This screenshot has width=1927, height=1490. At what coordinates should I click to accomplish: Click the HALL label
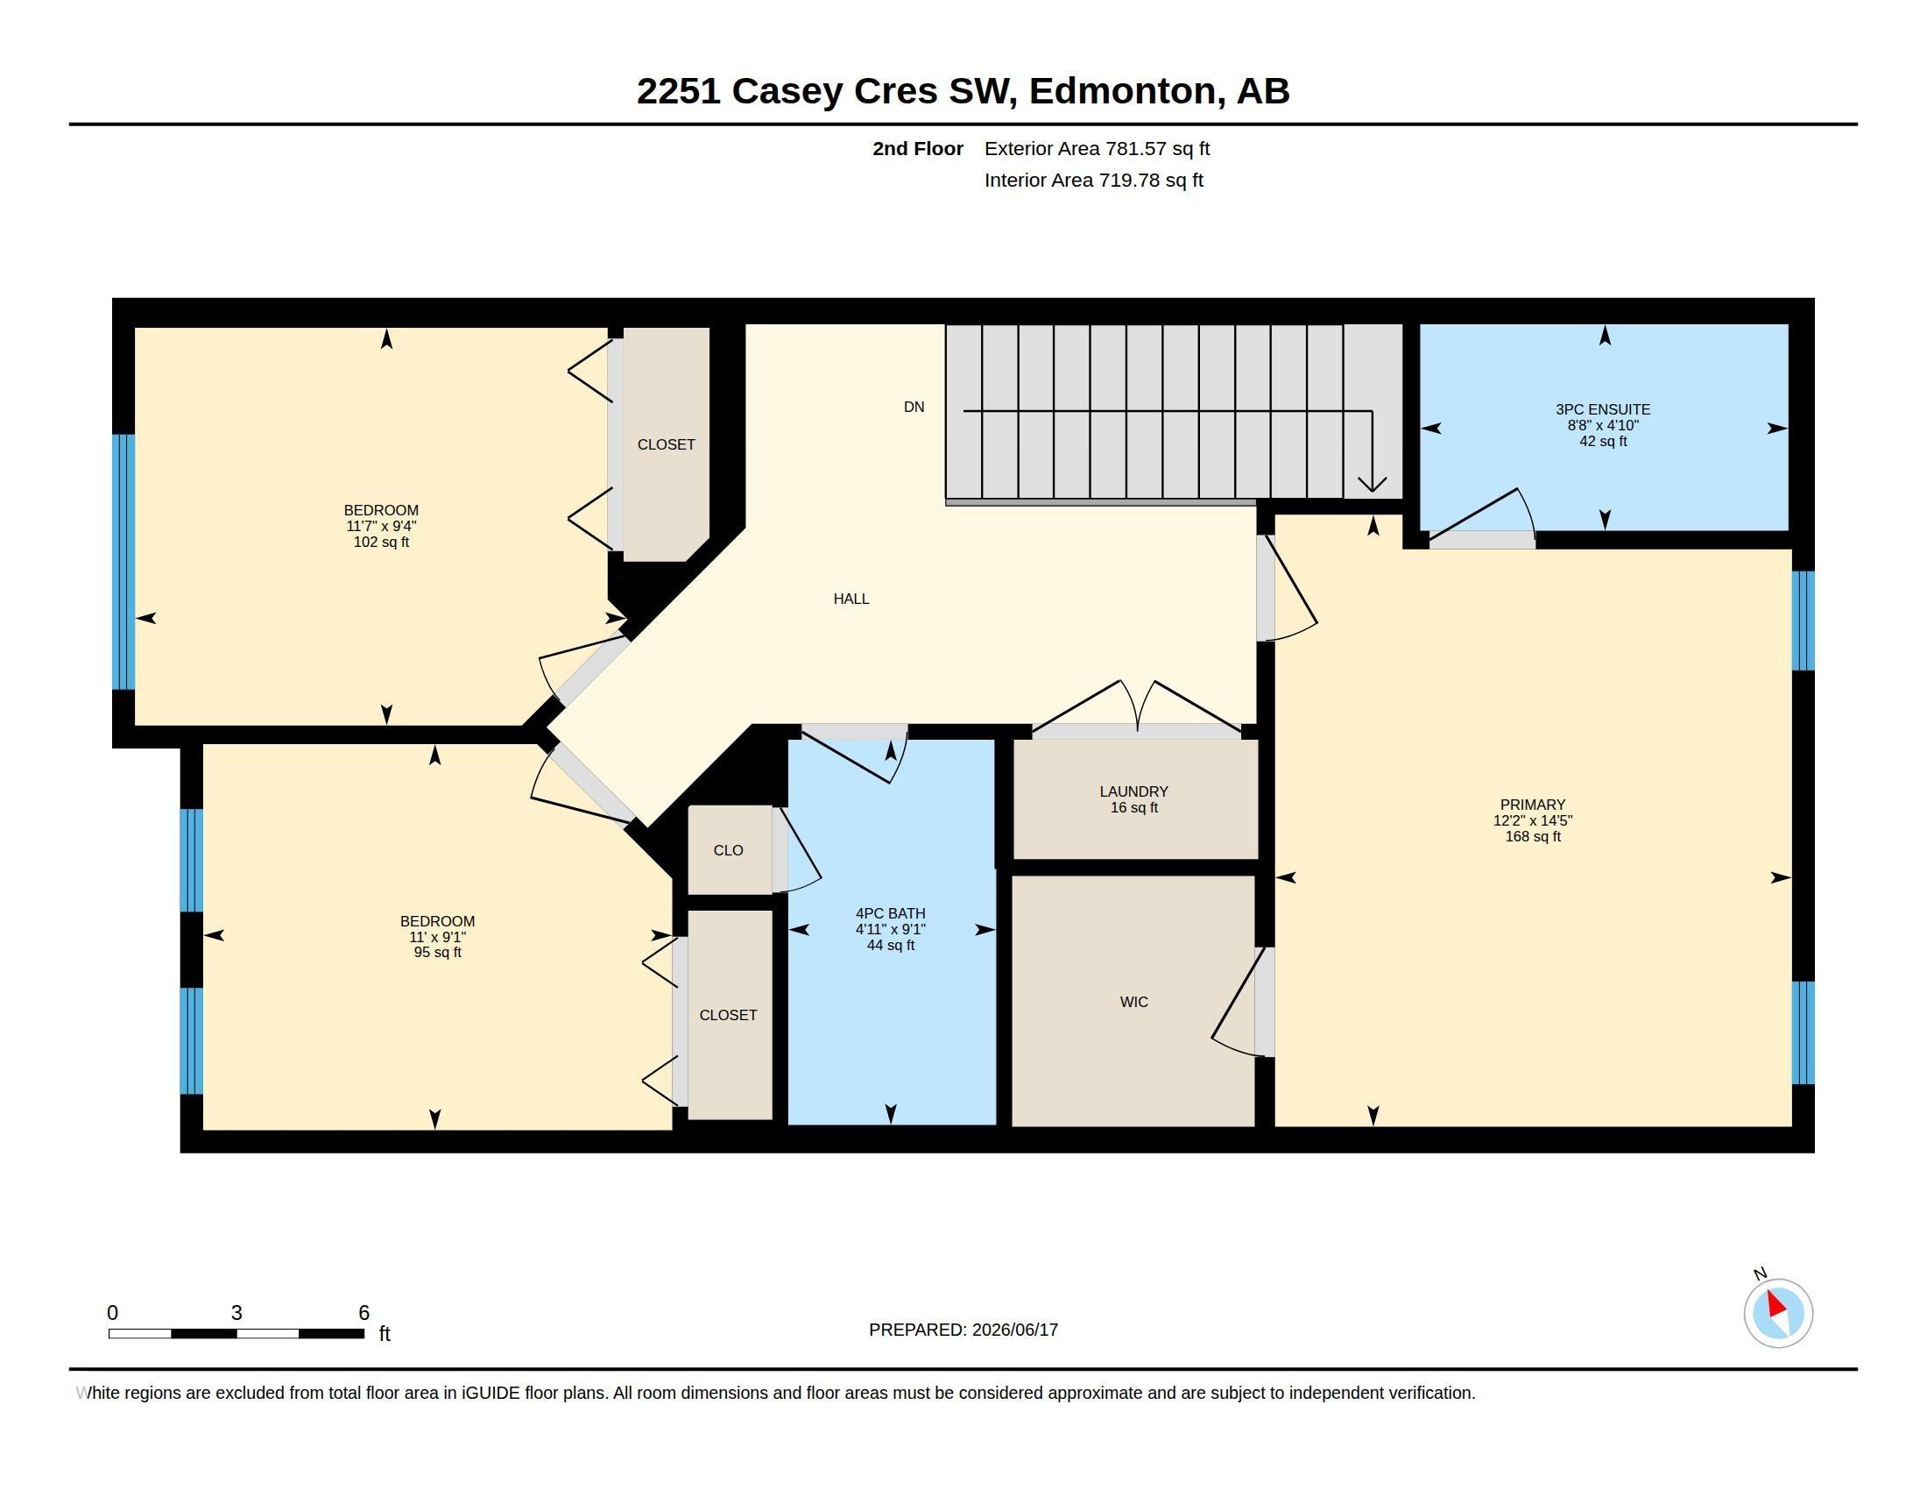coord(851,599)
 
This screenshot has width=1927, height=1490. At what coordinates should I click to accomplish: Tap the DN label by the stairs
coord(914,407)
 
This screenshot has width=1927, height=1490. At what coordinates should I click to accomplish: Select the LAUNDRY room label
coord(1133,791)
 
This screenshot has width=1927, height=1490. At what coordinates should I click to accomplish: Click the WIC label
coord(1133,1002)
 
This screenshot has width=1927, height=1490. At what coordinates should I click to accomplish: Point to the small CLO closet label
coord(728,850)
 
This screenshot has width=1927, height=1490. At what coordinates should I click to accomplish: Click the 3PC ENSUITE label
coord(1603,409)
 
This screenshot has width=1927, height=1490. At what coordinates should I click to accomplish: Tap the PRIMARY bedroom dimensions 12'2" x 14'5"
coord(1533,820)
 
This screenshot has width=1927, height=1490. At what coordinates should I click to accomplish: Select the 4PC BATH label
coord(890,913)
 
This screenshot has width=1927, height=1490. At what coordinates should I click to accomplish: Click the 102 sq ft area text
coord(381,542)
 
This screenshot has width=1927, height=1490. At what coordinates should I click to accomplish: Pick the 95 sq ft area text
coord(438,953)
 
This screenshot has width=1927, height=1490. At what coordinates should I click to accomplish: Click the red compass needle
coord(1776,1305)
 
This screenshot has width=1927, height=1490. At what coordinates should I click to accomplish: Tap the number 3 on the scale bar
coord(236,1313)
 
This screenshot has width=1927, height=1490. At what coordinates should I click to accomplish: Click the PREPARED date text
coord(963,1330)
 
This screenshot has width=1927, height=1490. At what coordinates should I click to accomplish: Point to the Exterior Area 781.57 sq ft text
coord(1097,148)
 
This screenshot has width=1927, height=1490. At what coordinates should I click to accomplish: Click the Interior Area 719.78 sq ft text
coord(1094,180)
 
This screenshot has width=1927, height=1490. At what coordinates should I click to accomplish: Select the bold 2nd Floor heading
coord(918,148)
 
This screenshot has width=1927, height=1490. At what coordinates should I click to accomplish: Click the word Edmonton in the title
coord(1122,91)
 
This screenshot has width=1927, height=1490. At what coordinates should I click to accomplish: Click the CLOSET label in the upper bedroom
coord(667,445)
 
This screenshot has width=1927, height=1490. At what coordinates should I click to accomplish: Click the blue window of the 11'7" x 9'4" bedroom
coord(124,562)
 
